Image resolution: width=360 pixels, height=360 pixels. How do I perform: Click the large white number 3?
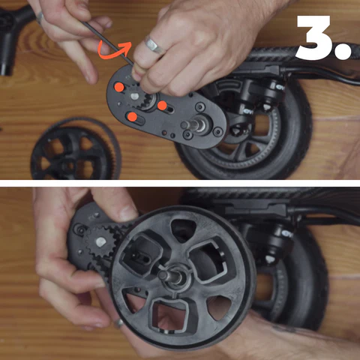coord(314,37)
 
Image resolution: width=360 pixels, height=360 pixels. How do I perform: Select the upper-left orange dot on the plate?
coord(119,87)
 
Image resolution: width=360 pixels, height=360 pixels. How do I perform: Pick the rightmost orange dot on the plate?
coord(162,106)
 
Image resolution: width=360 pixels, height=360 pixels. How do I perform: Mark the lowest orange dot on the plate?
coord(132,117)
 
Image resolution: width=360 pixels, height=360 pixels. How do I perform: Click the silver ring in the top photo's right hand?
coord(154,45)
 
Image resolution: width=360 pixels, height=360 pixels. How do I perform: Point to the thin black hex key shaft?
coord(107,43)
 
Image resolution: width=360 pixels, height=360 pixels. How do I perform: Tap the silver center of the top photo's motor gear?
coord(135,96)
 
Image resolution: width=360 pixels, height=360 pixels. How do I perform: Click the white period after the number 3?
coord(343,52)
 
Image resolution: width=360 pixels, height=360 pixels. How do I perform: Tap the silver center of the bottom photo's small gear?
coord(100,242)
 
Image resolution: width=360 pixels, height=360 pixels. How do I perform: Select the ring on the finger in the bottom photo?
coord(118,322)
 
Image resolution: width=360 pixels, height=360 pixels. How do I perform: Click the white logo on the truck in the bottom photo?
coord(287,235)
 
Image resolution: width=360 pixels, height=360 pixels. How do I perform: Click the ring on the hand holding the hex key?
coord(40,18)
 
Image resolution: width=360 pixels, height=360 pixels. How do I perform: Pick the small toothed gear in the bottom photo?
coord(100,242)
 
